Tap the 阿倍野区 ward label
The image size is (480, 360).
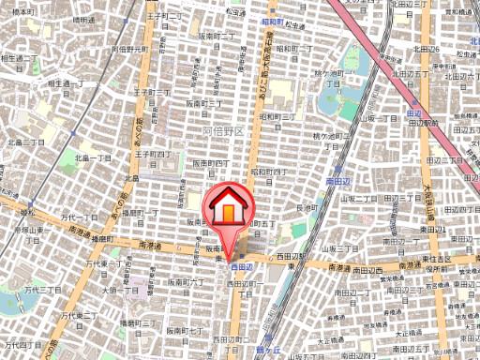tap(223, 132)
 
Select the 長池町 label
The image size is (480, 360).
tap(308, 207)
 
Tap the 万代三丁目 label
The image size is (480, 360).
tap(41, 291)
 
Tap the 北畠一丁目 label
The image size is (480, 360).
tap(27, 142)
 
